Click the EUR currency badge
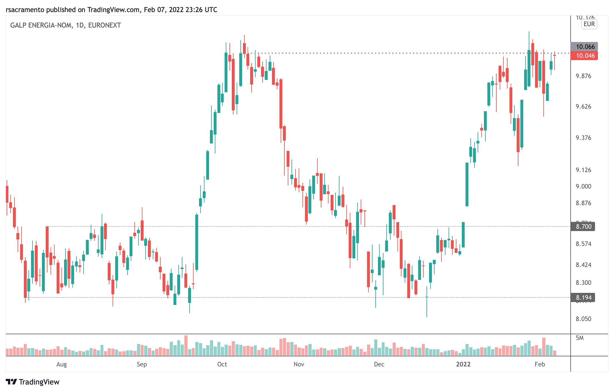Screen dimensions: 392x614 589,24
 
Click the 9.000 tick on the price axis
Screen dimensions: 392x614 583,186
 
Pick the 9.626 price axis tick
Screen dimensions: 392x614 583,107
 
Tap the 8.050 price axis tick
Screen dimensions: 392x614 583,319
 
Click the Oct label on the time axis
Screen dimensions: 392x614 222,364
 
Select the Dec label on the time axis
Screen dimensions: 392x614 379,364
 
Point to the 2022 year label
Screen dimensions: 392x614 463,364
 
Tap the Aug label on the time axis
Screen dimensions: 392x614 61,364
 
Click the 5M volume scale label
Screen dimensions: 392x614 580,338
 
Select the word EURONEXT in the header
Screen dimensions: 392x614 105,25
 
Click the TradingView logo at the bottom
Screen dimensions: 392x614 32,382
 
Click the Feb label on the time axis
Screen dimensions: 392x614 540,364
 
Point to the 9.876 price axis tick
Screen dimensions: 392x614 583,76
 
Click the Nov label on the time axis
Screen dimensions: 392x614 299,364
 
